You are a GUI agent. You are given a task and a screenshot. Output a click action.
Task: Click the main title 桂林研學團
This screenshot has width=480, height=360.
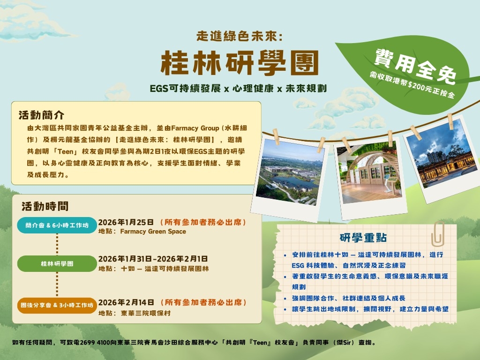click(240, 62)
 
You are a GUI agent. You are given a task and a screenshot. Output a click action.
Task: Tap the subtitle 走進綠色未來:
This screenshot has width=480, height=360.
click(240, 36)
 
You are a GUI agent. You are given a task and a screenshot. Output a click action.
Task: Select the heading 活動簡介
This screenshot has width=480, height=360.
click(41, 115)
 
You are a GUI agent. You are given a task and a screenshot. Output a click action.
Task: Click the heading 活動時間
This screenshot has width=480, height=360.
click(45, 206)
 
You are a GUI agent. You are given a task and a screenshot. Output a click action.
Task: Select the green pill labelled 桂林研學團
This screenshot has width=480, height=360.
click(57, 264)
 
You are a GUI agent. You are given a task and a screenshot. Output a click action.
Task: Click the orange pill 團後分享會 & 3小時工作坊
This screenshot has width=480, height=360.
click(57, 305)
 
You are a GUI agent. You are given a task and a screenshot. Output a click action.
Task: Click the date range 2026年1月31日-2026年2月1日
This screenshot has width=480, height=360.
click(153, 259)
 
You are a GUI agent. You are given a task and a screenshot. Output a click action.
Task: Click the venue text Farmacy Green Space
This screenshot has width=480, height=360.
click(153, 232)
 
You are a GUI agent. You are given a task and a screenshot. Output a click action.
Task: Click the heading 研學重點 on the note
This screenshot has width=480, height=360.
click(363, 238)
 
